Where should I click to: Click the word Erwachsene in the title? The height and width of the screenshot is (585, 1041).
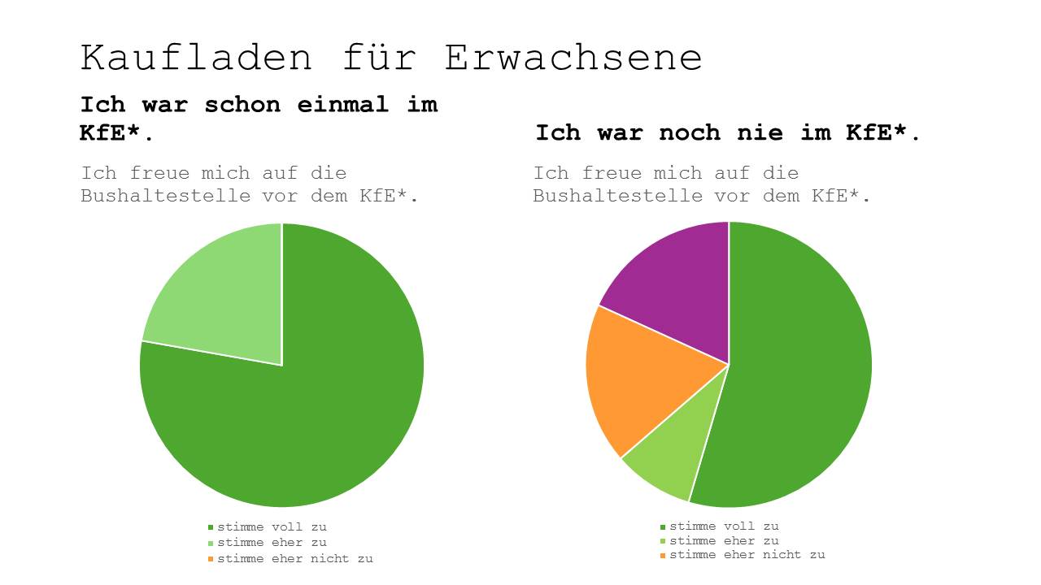click(573, 58)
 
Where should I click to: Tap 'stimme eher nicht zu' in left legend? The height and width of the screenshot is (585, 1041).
click(294, 558)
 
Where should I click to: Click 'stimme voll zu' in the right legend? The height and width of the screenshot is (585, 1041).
click(724, 526)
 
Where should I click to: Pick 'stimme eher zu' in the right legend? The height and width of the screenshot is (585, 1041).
click(724, 541)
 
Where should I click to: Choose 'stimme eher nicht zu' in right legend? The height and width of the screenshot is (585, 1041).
click(747, 555)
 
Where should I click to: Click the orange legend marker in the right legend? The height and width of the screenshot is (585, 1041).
click(663, 556)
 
